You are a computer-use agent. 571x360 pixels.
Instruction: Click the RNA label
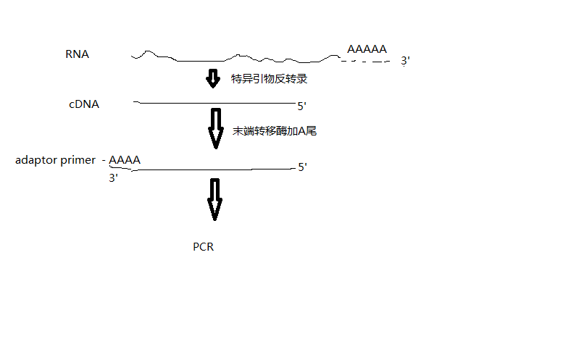point(77,54)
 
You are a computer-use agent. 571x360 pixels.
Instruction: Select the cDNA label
point(84,104)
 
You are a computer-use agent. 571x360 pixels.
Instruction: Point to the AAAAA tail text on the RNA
point(367,49)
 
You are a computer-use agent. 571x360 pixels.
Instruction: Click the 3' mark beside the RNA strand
point(406,62)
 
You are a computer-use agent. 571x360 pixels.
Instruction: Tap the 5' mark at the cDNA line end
point(301,106)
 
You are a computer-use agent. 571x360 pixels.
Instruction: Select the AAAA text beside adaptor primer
point(125,160)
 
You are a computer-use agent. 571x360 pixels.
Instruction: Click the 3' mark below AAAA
point(114,177)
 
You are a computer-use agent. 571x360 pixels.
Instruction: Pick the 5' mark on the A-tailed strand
point(303,167)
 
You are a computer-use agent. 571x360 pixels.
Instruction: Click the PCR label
point(203,247)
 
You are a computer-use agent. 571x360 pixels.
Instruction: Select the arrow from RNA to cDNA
point(212,78)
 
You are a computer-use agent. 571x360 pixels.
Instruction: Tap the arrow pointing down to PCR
point(214,199)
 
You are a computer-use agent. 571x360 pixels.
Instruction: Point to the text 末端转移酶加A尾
point(275,132)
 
